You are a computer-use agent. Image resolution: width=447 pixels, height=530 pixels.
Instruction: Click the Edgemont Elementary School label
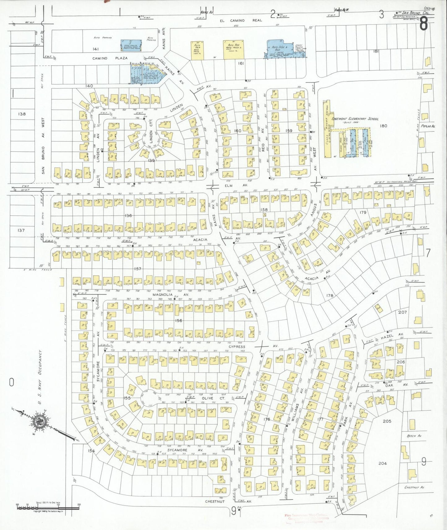pyautogui.click(x=355, y=119)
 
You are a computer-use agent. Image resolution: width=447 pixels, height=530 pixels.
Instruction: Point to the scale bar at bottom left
pyautogui.click(x=48, y=507)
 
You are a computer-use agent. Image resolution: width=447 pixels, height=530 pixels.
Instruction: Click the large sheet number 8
pyautogui.click(x=423, y=24)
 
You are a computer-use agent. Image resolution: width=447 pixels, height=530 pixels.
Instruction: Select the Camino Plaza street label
pyautogui.click(x=105, y=58)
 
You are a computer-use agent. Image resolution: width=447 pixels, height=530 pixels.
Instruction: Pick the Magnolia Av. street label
pyautogui.click(x=175, y=295)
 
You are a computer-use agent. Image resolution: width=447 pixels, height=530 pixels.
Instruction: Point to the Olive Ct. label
pyautogui.click(x=212, y=398)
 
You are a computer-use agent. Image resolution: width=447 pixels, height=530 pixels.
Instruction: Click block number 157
pyautogui.click(x=138, y=269)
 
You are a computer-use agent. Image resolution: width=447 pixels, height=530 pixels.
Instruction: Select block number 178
pyautogui.click(x=330, y=295)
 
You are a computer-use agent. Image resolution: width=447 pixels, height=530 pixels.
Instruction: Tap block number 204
pyautogui.click(x=383, y=463)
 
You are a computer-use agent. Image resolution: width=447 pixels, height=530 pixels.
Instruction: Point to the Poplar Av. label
pyautogui.click(x=428, y=126)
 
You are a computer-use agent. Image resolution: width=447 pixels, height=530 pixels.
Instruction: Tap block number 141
pyautogui.click(x=95, y=49)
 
